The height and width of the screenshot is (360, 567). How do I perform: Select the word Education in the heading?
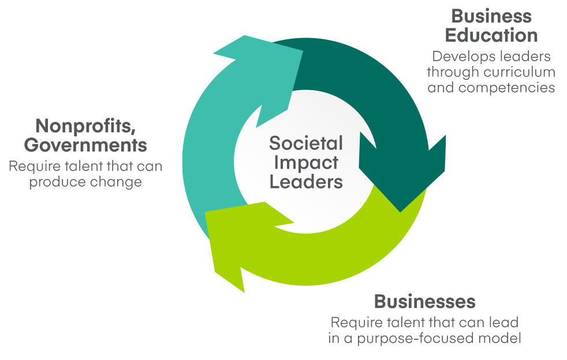491,35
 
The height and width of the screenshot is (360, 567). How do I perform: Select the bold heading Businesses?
424,301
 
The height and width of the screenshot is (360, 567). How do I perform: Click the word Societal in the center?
306,143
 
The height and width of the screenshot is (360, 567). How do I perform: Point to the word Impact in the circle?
306,162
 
